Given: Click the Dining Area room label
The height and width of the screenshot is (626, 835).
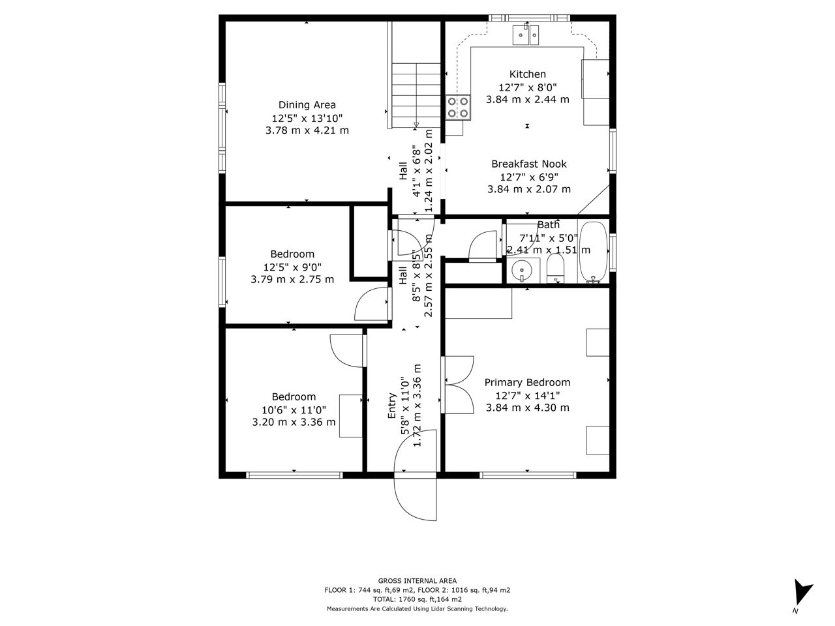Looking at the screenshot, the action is pos(307,105).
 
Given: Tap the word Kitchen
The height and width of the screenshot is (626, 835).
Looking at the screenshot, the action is pos(527,74).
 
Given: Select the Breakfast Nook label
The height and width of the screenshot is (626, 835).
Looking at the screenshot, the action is pos(529,164).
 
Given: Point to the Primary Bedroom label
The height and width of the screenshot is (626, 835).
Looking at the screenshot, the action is pos(527,382).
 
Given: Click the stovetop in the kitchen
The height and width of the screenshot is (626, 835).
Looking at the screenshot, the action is pos(458,108).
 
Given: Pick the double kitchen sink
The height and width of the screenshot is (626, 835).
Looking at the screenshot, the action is pos(526,35).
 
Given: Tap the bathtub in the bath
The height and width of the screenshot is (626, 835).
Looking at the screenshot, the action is pos(593,252).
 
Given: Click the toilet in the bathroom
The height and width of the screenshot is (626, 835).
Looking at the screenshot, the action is pos(556,269).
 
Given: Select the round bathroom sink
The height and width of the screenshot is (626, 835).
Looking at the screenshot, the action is pos(522,271).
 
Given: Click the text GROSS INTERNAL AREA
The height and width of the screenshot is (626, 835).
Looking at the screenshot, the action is pos(417,581).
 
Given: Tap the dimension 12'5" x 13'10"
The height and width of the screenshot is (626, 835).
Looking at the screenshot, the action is pos(307,118).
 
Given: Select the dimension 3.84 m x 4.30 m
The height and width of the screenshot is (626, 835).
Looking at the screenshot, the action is pos(527,408).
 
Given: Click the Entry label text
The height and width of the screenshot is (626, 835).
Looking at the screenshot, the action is pos(392,406).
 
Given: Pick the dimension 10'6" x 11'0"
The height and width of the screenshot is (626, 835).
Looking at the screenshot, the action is pos(294,410).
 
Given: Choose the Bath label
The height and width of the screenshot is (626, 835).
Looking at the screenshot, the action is pos(548,225).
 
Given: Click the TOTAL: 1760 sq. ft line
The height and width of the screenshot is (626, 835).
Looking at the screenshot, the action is pos(417,599).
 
